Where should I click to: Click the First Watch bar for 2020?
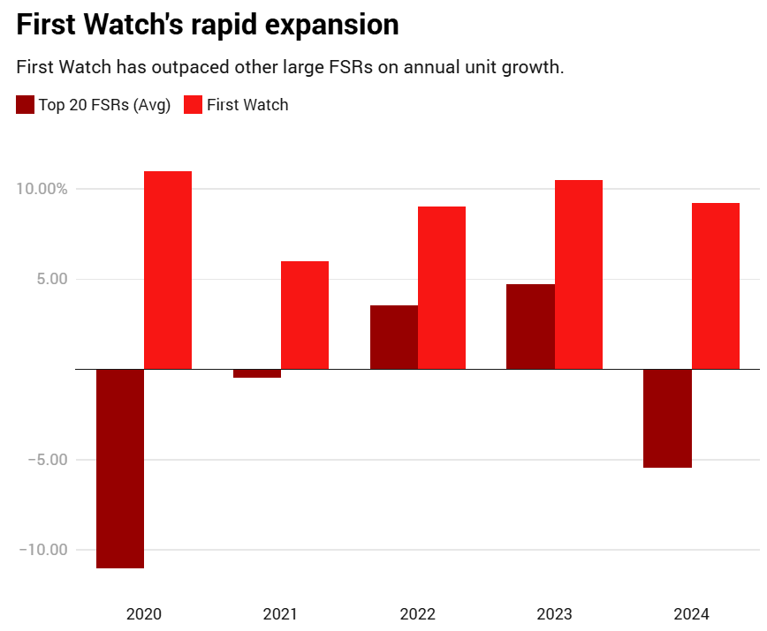(x=168, y=270)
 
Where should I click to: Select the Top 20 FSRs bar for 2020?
(x=120, y=469)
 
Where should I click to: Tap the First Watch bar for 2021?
(x=305, y=315)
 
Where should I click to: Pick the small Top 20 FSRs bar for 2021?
(x=257, y=373)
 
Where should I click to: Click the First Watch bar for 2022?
(x=442, y=288)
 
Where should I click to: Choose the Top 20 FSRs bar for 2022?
(x=394, y=337)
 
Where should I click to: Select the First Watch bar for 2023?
(x=579, y=274)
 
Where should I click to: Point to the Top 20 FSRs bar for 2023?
(x=530, y=327)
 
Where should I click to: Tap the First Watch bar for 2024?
(x=716, y=286)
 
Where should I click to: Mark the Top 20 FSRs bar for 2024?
(x=667, y=418)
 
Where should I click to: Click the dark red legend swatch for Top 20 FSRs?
(x=26, y=105)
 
